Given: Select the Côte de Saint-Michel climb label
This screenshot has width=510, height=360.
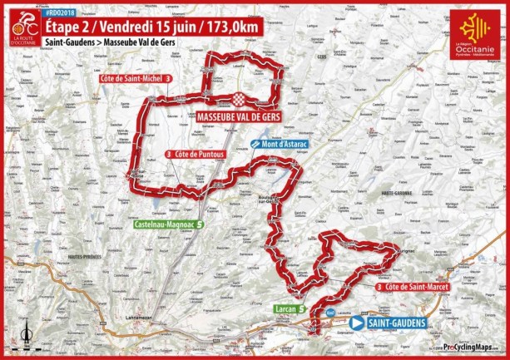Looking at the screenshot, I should pyautogui.click(x=130, y=77).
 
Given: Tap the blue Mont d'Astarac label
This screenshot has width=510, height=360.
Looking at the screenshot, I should pyautogui.click(x=283, y=144).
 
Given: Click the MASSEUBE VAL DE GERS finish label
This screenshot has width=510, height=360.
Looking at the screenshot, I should pyautogui.click(x=239, y=116).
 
